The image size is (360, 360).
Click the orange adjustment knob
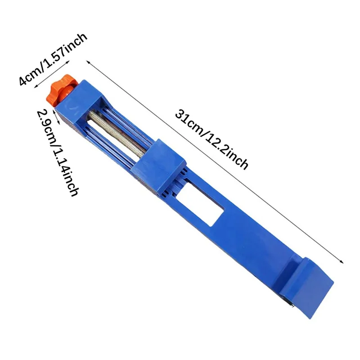60,89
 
